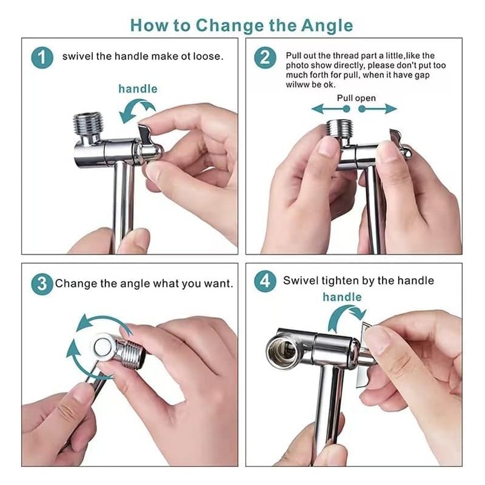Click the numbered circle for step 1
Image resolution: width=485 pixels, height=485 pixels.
(42, 58)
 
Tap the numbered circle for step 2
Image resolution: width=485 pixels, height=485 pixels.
(266, 58)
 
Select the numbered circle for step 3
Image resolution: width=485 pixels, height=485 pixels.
(42, 284)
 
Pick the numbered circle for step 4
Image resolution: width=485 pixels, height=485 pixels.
(266, 281)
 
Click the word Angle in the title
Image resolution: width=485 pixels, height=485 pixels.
(327, 26)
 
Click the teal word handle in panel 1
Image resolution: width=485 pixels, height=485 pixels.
(138, 89)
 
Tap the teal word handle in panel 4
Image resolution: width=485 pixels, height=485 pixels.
(342, 297)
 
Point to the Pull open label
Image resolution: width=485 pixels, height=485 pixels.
(356, 98)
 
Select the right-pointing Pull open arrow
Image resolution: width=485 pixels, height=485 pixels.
(378, 109)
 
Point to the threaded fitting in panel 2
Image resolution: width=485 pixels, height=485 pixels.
(339, 129)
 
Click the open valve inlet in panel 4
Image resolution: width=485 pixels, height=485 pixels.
(281, 351)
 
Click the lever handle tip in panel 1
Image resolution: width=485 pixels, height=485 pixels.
(144, 127)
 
